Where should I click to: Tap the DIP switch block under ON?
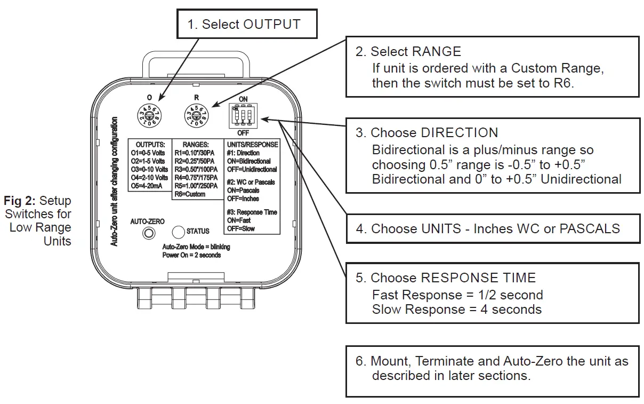[x=243, y=115]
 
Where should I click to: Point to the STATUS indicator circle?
[x=178, y=232]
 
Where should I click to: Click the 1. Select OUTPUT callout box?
[x=247, y=25]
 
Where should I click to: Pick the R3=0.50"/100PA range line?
[x=196, y=169]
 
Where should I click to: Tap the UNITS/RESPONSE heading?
[x=252, y=145]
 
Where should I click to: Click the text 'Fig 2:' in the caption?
[x=20, y=201]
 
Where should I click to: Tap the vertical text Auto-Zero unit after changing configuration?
[x=114, y=182]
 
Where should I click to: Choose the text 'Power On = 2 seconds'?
[x=191, y=255]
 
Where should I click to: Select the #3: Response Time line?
[x=252, y=212]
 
